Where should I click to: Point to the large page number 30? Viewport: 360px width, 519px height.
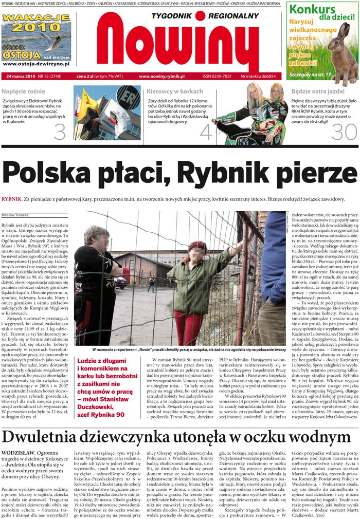coord(344,132)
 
